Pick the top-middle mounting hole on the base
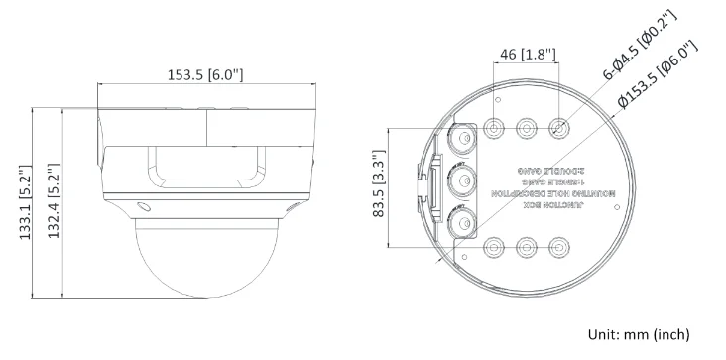point(528,129)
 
